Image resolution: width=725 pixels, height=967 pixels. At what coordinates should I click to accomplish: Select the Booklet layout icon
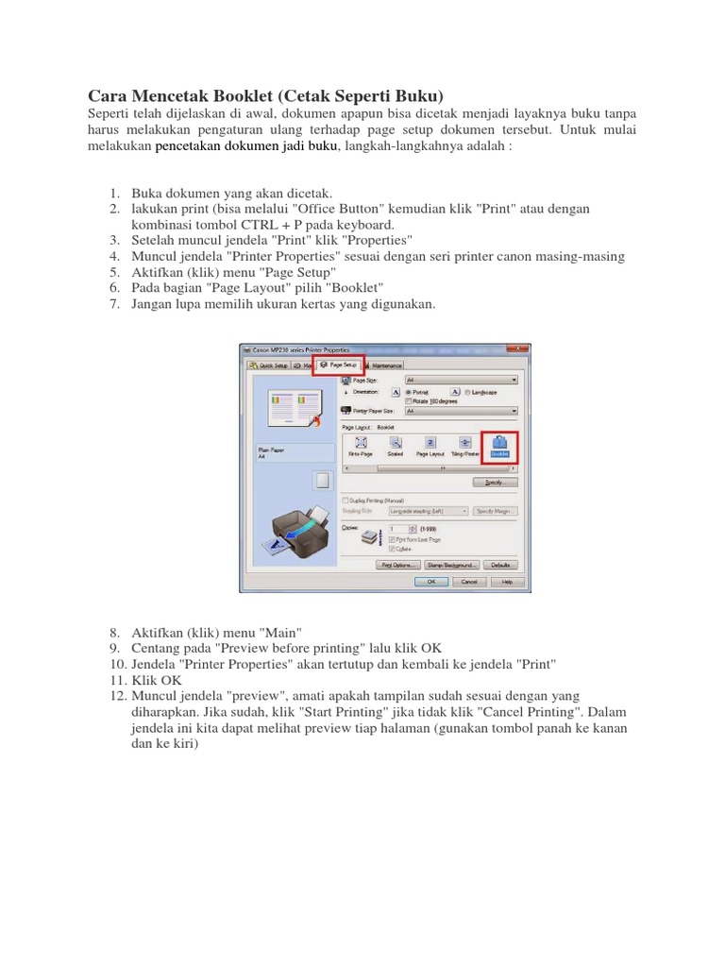click(499, 445)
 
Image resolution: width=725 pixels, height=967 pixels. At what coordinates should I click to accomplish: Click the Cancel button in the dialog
click(469, 583)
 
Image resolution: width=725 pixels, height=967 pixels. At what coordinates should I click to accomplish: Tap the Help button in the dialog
click(506, 583)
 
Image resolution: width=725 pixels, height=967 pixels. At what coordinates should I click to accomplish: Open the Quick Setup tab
click(267, 365)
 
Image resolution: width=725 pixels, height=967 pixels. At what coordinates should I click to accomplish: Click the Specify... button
click(496, 482)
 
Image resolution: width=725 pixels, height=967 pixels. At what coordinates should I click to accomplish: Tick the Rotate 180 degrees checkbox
click(409, 400)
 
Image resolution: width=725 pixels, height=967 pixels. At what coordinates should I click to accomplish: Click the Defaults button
click(500, 565)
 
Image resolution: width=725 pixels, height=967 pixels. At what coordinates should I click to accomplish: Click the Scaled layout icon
click(396, 445)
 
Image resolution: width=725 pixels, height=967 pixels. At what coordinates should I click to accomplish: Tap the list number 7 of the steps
click(114, 304)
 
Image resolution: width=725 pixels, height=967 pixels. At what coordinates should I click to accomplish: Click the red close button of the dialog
click(521, 350)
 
